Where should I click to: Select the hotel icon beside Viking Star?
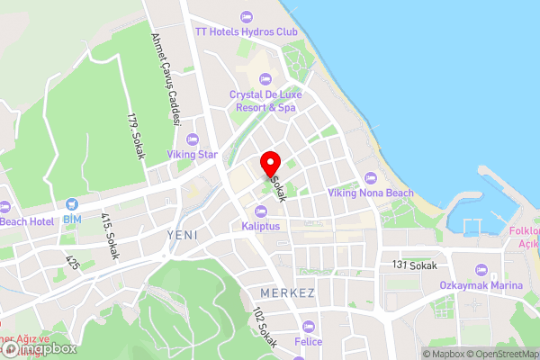click(192, 139)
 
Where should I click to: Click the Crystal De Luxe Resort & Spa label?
click(265, 101)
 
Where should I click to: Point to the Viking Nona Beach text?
click(371, 193)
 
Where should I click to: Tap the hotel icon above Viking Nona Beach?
click(371, 177)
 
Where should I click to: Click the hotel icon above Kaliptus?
click(262, 211)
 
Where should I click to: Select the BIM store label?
click(72, 219)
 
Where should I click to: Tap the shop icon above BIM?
click(72, 203)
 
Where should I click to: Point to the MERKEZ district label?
click(286, 293)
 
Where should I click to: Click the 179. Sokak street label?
click(136, 136)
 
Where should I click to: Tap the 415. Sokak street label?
click(110, 236)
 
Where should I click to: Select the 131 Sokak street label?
click(414, 265)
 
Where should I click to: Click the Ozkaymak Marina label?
click(481, 285)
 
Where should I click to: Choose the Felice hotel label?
click(308, 342)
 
